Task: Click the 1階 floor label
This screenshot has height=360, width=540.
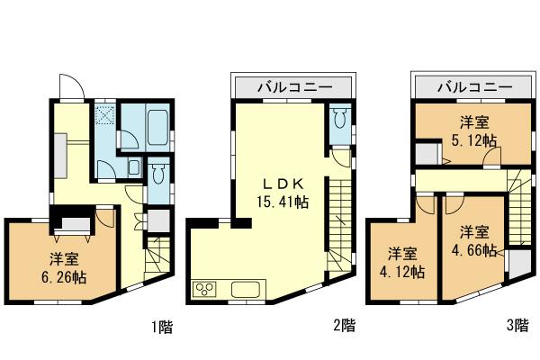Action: [x=161, y=328]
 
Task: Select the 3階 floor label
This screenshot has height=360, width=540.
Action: [x=516, y=328]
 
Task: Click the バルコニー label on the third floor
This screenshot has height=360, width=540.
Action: [x=474, y=87]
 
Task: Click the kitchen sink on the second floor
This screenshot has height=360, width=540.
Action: [x=246, y=290]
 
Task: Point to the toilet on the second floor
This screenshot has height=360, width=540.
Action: [x=339, y=120]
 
